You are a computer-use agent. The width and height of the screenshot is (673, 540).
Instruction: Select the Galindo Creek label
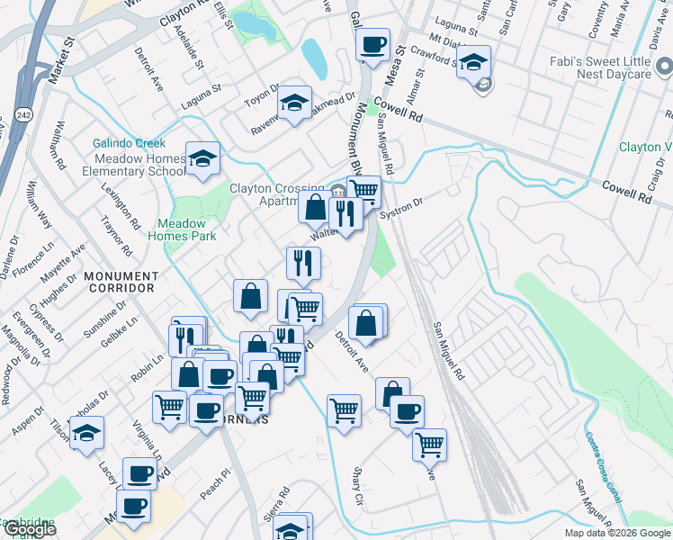[x=129, y=143]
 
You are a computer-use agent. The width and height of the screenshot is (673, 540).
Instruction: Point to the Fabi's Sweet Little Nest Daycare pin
[x=663, y=65]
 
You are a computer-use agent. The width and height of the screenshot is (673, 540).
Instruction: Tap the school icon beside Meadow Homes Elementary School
[x=203, y=160]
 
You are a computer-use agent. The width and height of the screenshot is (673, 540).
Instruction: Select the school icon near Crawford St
[x=473, y=63]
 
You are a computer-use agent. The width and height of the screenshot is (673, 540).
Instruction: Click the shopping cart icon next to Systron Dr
[x=363, y=191]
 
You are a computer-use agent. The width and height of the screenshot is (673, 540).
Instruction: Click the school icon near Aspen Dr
[x=86, y=434]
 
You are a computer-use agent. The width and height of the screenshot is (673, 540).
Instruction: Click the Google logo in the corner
[x=29, y=529]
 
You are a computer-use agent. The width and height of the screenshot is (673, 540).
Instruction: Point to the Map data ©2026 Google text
[x=617, y=533]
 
